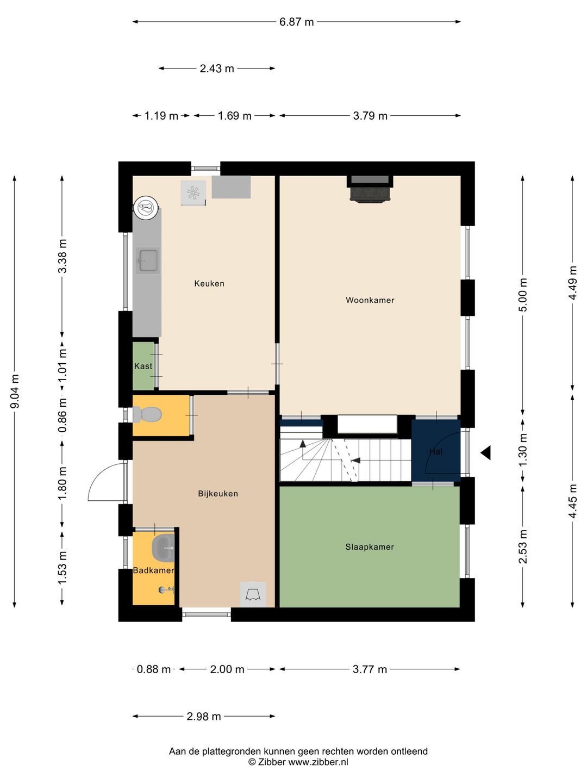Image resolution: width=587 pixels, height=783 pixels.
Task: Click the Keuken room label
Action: [x=209, y=284]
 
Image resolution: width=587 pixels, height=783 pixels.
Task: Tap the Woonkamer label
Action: [x=370, y=300]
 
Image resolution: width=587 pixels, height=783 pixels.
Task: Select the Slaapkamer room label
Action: [x=370, y=547]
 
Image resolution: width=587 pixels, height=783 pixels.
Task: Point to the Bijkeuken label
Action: [x=218, y=494]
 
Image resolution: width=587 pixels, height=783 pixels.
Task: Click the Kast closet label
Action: [x=143, y=366]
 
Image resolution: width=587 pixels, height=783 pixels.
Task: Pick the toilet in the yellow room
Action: [x=147, y=414]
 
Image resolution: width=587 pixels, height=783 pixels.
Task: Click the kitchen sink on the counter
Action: [x=148, y=261]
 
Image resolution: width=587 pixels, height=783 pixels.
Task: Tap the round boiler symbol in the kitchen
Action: [x=147, y=207]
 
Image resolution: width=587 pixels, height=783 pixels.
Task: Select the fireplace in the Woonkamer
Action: [x=370, y=189]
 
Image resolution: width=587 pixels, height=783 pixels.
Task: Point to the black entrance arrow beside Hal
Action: [x=486, y=453]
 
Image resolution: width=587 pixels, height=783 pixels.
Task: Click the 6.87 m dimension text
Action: [x=297, y=22]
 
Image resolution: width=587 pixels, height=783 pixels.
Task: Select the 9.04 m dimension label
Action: [x=15, y=391]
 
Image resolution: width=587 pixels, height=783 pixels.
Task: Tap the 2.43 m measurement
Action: [x=217, y=68]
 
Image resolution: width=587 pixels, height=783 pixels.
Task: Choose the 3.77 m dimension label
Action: [x=370, y=669]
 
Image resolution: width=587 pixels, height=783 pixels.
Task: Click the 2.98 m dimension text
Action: [x=204, y=716]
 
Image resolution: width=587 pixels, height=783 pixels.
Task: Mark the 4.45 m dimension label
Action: [x=572, y=501]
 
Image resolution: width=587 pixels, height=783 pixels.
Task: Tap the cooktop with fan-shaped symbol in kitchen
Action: [x=193, y=193]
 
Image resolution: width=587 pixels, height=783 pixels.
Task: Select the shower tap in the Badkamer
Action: [x=166, y=591]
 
